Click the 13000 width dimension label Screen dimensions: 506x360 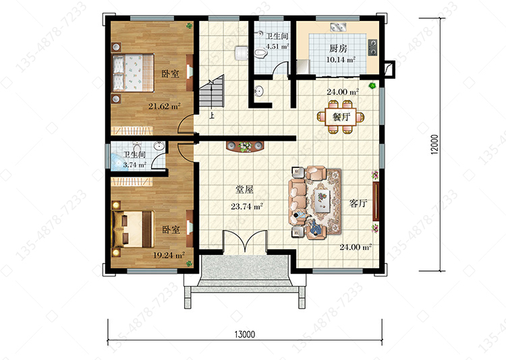[x=245, y=334]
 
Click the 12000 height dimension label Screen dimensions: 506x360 [x=434, y=144]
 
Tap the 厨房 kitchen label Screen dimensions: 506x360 [x=338, y=49]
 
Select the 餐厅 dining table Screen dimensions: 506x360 [x=341, y=117]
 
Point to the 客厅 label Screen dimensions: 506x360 [x=358, y=203]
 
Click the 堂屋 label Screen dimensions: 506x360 [x=244, y=189]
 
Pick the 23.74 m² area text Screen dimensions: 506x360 [x=247, y=206]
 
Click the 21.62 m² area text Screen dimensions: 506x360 [x=164, y=106]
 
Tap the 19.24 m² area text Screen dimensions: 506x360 [x=169, y=255]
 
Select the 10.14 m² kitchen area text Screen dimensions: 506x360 [x=341, y=60]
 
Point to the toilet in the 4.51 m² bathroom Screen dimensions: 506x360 [x=260, y=53]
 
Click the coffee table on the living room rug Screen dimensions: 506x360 [x=322, y=201]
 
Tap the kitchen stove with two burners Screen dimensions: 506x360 [x=372, y=47]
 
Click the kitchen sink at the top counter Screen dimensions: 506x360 [x=338, y=27]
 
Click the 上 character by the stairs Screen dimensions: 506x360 [x=212, y=115]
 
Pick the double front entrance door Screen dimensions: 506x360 [x=245, y=241]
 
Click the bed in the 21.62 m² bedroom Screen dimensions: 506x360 [x=133, y=73]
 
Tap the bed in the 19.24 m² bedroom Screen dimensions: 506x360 [x=133, y=229]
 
